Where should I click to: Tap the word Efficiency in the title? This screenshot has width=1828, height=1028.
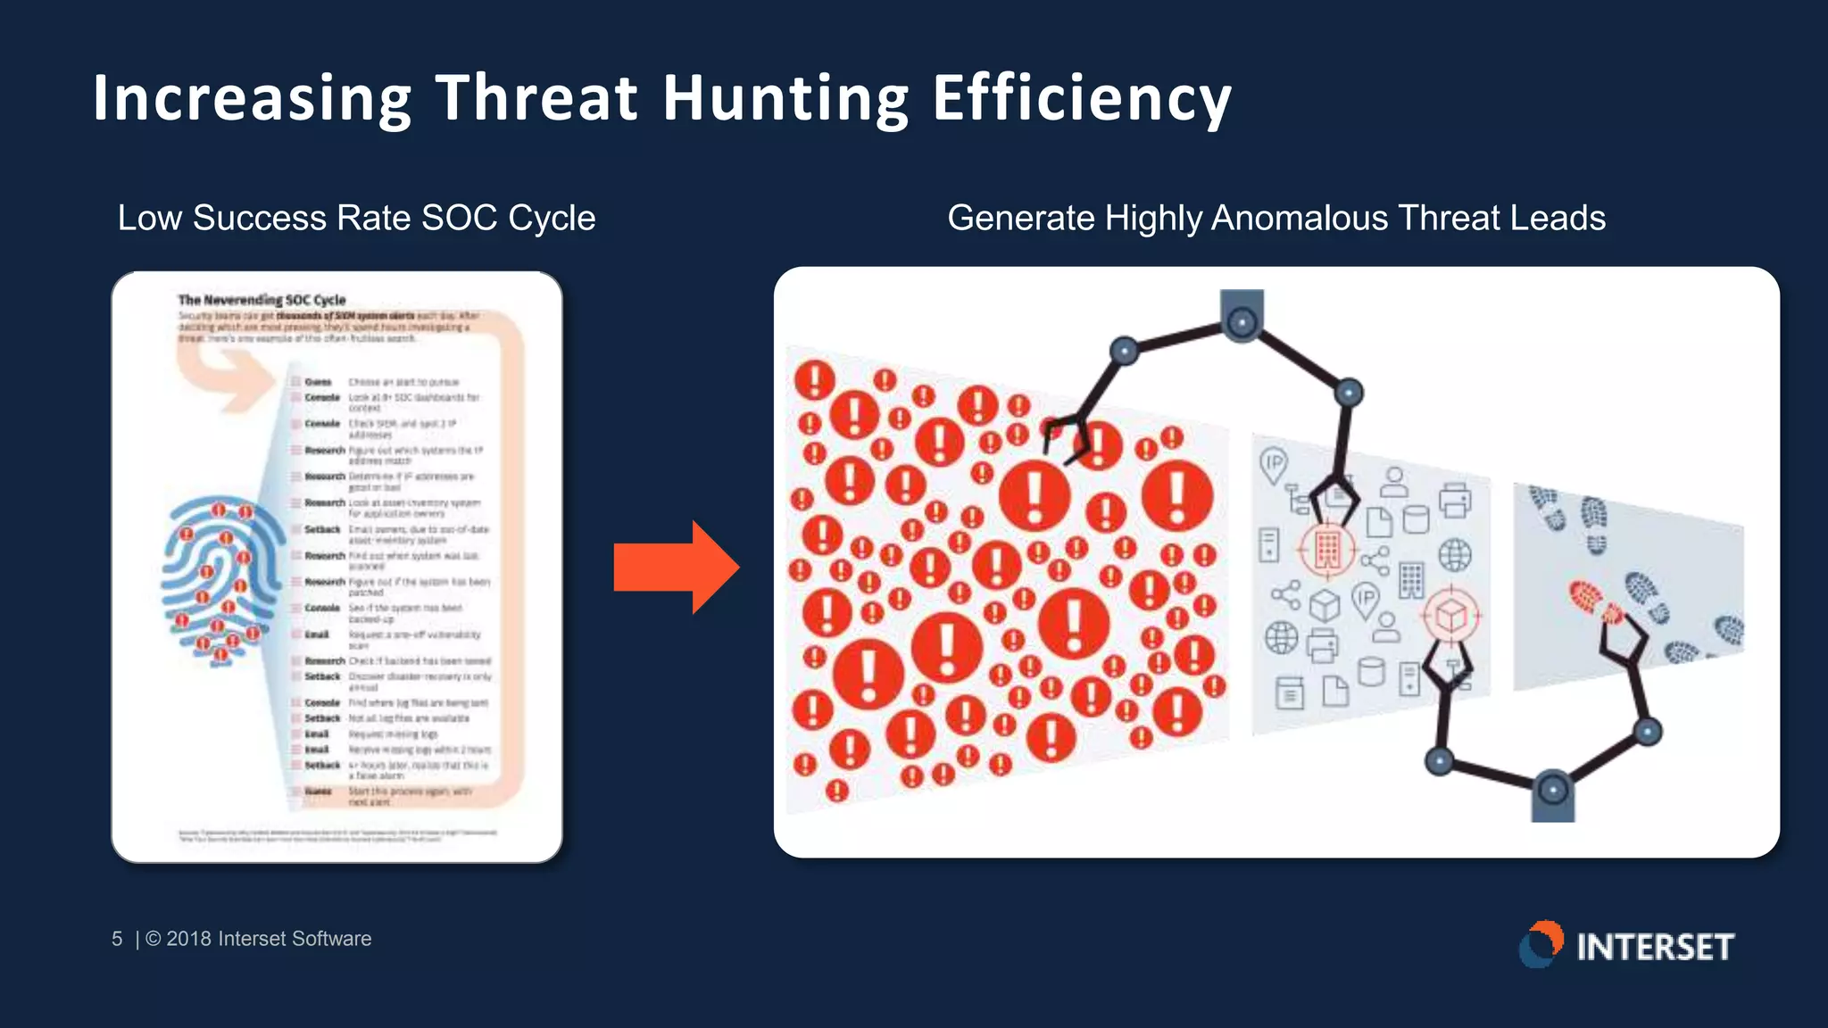tap(1082, 98)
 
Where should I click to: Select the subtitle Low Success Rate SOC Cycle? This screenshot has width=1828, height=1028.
tap(356, 218)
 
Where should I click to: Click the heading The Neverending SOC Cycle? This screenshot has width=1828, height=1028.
tap(262, 300)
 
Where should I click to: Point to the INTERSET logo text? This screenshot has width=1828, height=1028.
tap(1655, 947)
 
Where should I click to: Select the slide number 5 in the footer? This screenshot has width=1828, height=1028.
tap(117, 939)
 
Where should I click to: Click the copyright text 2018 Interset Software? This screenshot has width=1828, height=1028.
tap(268, 939)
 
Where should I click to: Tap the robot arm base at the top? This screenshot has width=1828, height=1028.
tap(1242, 314)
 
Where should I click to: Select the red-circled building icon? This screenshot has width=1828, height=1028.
tap(1326, 548)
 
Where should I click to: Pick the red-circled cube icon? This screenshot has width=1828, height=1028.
tap(1450, 616)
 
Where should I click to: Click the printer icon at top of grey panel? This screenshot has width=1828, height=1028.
tap(1455, 500)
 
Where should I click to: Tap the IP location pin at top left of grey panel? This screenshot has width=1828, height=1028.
tap(1274, 465)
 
